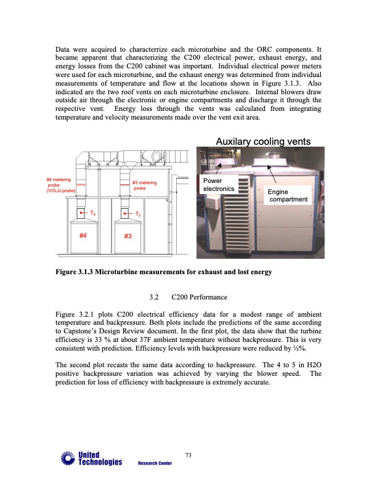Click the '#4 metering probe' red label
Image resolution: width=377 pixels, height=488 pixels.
[60, 185]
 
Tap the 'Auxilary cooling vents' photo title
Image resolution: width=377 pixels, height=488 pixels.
[262, 142]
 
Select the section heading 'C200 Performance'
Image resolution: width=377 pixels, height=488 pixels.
[196, 298]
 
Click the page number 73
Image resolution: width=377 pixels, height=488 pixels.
[188, 455]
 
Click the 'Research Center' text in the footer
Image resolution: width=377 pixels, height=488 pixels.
[155, 463]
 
